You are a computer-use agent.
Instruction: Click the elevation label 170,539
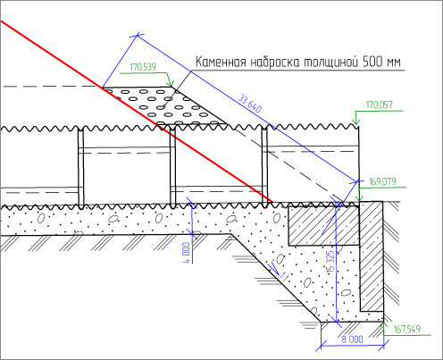pyautogui.click(x=143, y=67)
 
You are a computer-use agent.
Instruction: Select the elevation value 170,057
pyautogui.click(x=379, y=105)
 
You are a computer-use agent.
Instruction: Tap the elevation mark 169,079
pyautogui.click(x=382, y=181)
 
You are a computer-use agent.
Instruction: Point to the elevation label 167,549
pyautogui.click(x=407, y=329)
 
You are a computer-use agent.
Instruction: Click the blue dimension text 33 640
pyautogui.click(x=250, y=103)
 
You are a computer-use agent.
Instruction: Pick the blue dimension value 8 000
pyautogui.click(x=352, y=339)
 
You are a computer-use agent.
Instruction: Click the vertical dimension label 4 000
pyautogui.click(x=186, y=253)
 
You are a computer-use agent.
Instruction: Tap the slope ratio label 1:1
pyautogui.click(x=284, y=277)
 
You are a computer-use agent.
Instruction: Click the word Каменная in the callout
pyautogui.click(x=221, y=63)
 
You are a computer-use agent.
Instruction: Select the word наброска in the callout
pyautogui.click(x=274, y=63)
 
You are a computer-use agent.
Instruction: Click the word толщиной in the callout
pyautogui.click(x=330, y=63)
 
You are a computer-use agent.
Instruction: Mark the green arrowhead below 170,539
pyautogui.click(x=171, y=82)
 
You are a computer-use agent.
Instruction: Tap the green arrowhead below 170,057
pyautogui.click(x=356, y=121)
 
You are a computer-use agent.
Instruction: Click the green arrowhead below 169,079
pyautogui.click(x=360, y=197)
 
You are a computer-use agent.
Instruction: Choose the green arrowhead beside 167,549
pyautogui.click(x=383, y=325)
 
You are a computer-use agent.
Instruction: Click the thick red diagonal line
pyautogui.click(x=137, y=112)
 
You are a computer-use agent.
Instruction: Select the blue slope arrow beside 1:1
pyautogui.click(x=273, y=268)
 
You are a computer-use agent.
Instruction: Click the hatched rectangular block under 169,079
pyautogui.click(x=323, y=225)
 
